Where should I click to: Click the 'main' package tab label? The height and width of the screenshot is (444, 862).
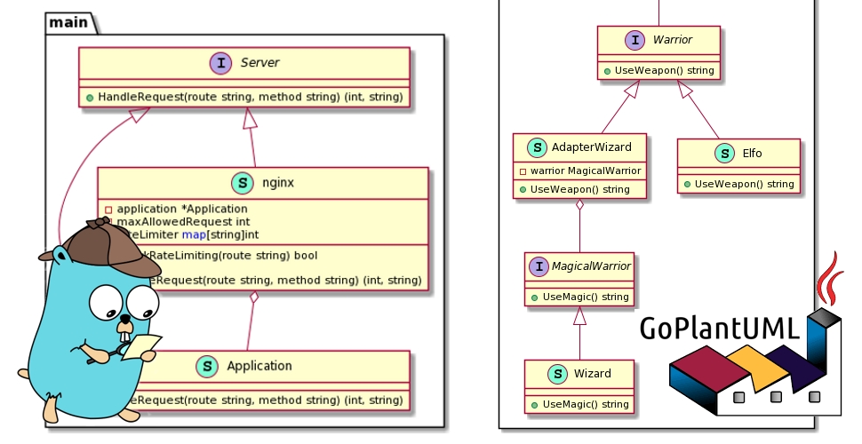(68, 20)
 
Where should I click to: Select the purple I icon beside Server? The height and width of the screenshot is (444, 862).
(219, 63)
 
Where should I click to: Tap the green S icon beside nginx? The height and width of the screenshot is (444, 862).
(242, 183)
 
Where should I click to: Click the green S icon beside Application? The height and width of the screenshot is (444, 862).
(206, 365)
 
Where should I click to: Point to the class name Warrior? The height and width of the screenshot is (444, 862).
(672, 39)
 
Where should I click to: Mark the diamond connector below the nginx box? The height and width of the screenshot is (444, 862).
(255, 297)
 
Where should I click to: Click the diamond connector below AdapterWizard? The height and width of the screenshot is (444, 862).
(579, 205)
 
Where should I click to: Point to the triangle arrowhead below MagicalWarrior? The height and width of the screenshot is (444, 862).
(579, 315)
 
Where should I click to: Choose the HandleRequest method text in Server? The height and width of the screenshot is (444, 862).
(244, 96)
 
